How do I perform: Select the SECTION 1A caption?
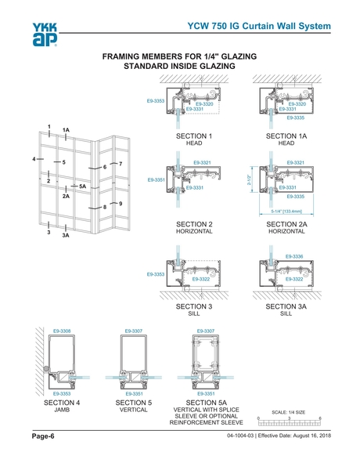coord(286,137)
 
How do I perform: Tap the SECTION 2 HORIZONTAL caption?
coord(195,228)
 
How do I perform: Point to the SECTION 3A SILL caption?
coord(286,310)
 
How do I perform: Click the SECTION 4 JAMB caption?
coord(62,405)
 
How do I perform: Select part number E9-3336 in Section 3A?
coord(294,257)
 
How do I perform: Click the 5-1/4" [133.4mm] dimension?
coord(286,211)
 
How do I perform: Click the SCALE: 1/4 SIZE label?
coord(289,411)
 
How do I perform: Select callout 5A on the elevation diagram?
coord(83,186)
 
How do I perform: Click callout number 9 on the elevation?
coord(121,203)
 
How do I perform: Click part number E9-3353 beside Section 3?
coord(155,275)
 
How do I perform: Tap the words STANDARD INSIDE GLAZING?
coord(179,67)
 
